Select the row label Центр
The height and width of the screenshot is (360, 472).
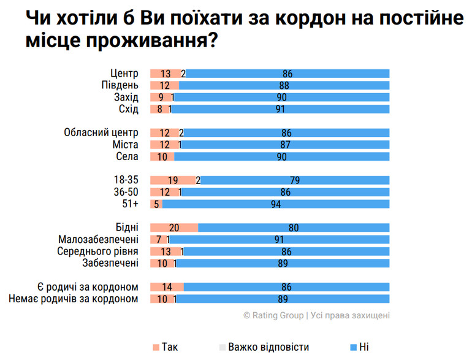(x=124, y=74)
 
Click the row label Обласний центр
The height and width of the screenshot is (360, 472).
(x=102, y=132)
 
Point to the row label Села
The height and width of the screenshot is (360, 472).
(x=127, y=156)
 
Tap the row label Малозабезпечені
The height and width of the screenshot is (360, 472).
(x=99, y=239)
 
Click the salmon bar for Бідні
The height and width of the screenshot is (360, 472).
(x=174, y=228)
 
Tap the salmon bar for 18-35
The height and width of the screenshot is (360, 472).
(x=172, y=180)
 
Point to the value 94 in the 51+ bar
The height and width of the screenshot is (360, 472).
(x=275, y=204)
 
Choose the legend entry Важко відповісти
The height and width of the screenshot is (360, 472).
(x=263, y=347)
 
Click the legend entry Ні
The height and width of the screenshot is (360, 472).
(x=359, y=347)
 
